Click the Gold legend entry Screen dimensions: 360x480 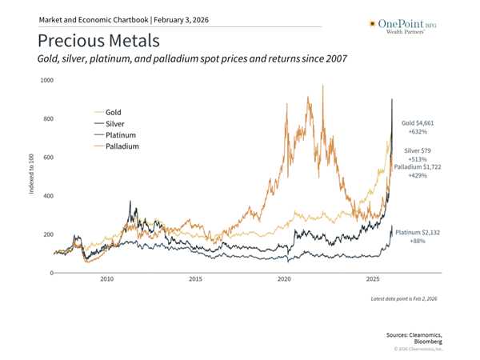click(113, 113)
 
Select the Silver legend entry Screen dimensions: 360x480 click(114, 124)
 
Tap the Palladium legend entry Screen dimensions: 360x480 click(122, 147)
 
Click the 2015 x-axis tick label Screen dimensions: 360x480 click(196, 280)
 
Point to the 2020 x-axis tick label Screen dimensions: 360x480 click(284, 280)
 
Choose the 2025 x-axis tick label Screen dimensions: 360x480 click(373, 280)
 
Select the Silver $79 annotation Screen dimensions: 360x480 click(415, 150)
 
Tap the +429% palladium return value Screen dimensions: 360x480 click(416, 175)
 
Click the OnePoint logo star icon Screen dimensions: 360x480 click(371, 23)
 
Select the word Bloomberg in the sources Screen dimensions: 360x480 click(425, 340)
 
